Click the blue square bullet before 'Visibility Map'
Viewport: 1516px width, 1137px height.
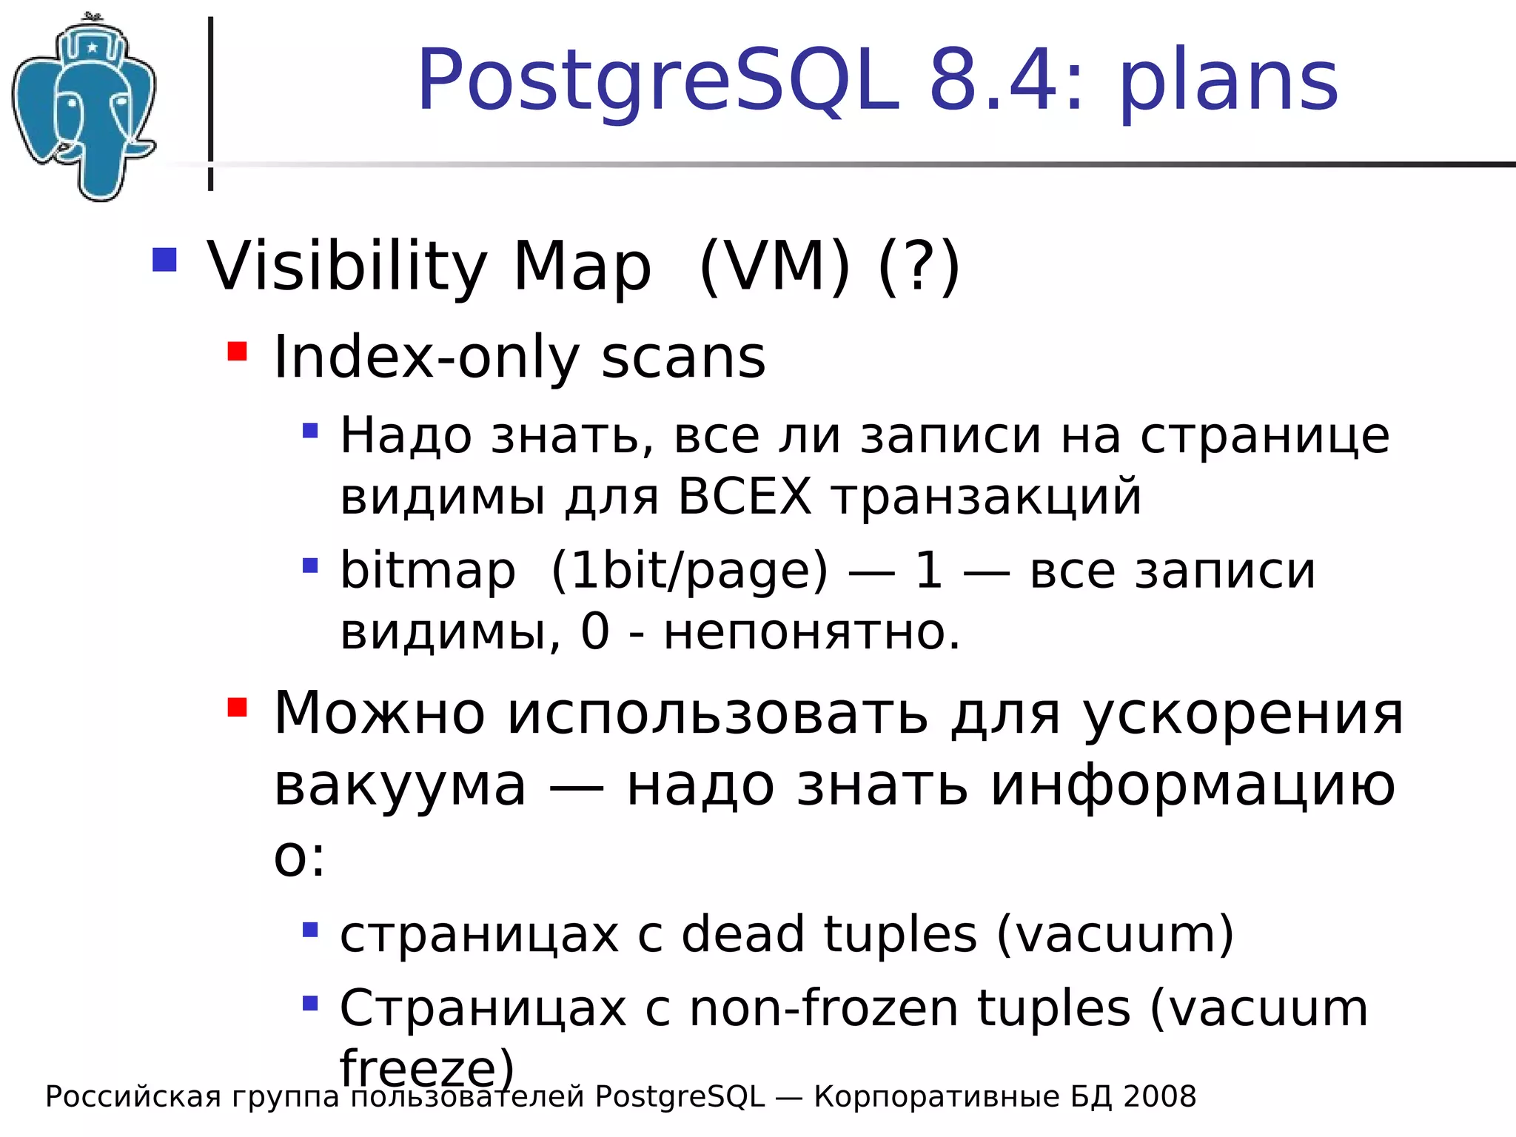[164, 260]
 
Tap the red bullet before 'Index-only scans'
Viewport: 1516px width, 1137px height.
[237, 350]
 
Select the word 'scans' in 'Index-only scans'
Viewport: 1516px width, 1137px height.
[682, 358]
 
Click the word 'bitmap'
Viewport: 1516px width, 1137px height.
[428, 572]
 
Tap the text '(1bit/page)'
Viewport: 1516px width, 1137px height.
[689, 572]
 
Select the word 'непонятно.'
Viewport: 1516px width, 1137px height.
[811, 632]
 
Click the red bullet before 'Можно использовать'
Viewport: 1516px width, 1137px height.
[237, 707]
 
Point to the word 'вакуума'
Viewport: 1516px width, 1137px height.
[400, 786]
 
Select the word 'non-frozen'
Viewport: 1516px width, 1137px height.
[823, 1008]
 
